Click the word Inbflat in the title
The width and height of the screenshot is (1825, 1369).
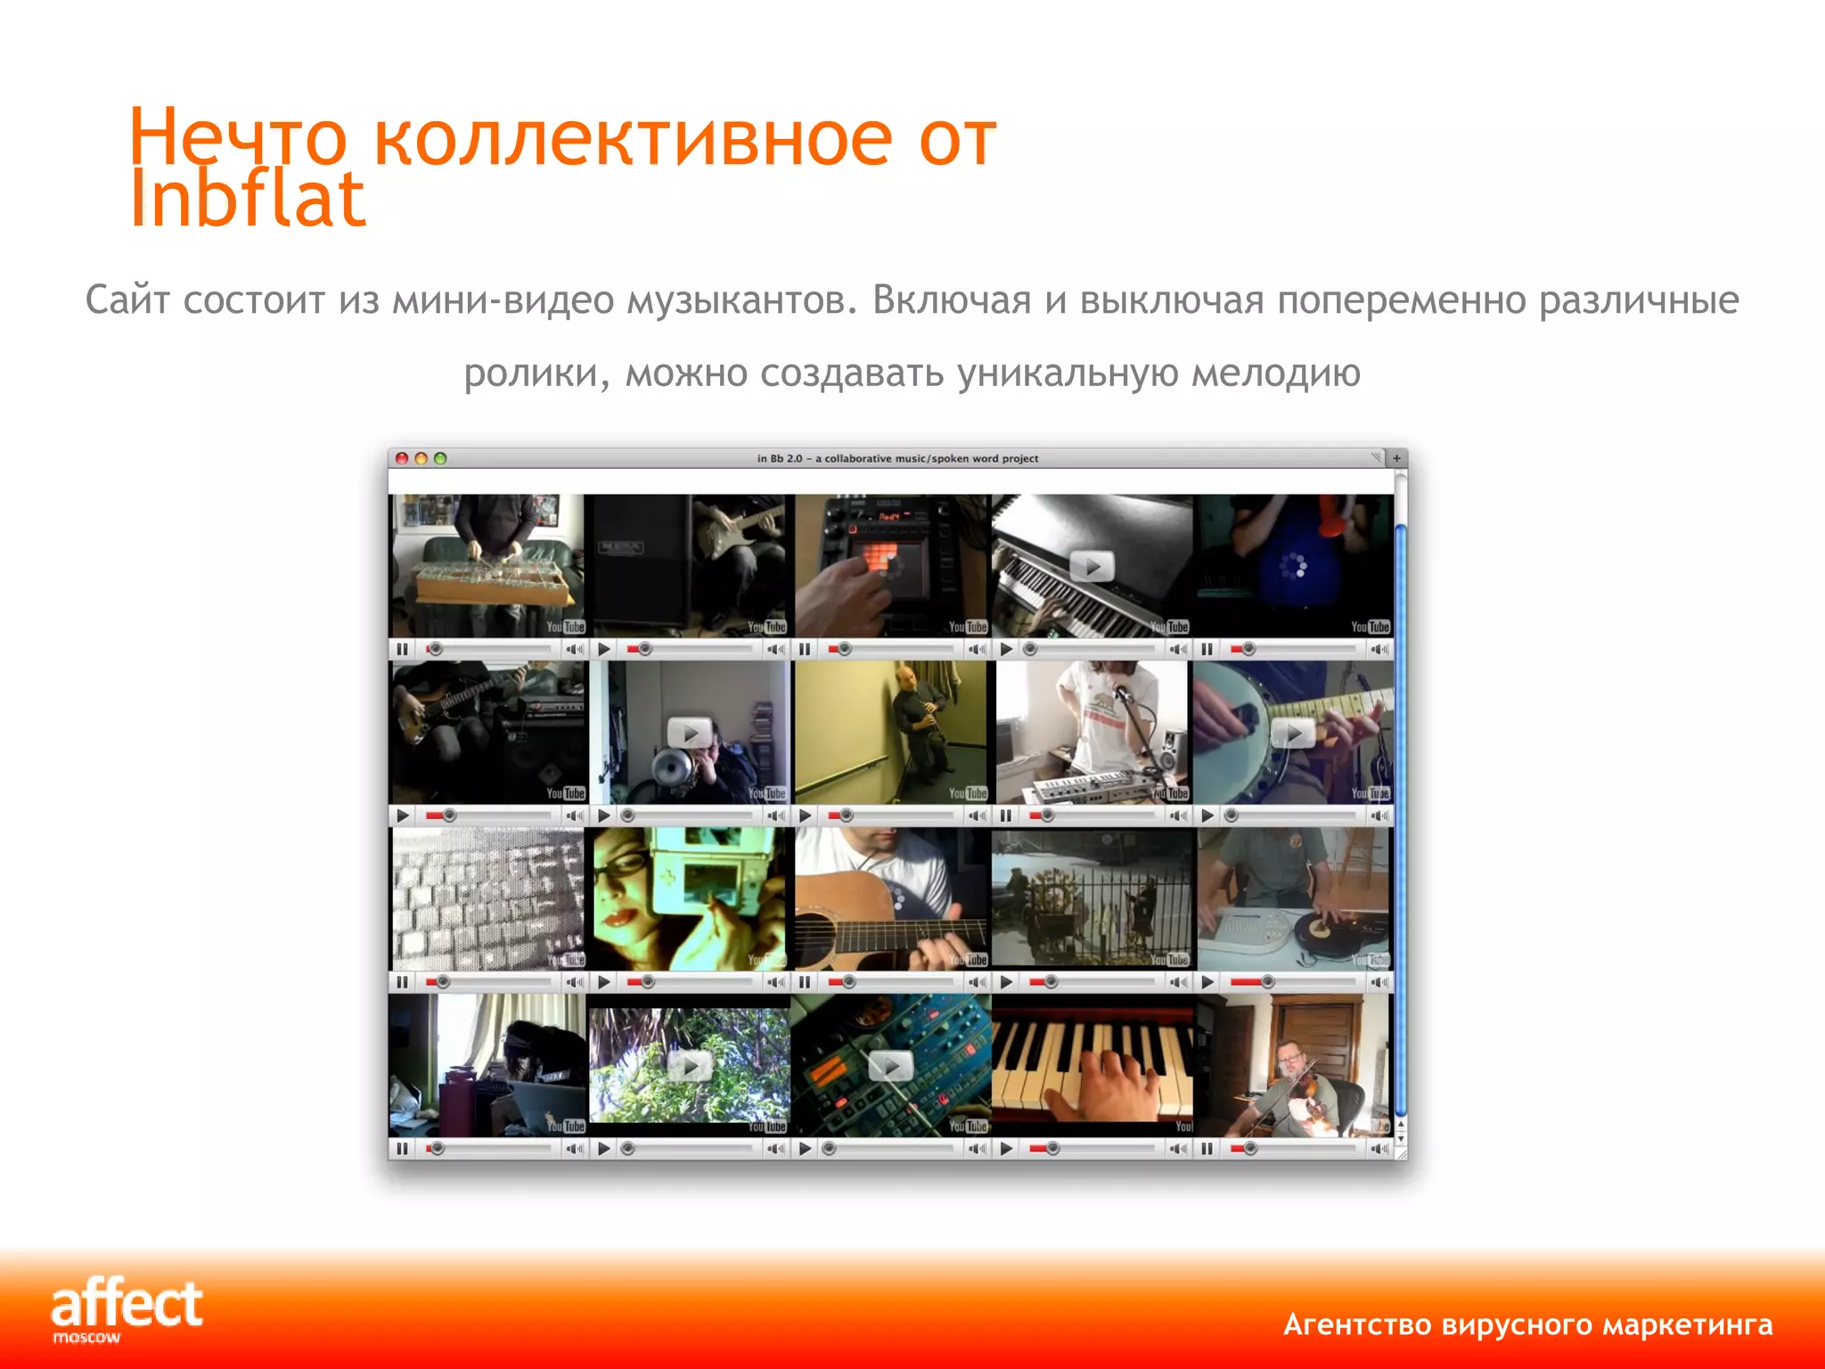pyautogui.click(x=247, y=199)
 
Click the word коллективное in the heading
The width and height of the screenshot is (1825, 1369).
pyautogui.click(x=632, y=139)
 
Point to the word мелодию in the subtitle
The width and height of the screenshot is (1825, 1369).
pyautogui.click(x=1275, y=373)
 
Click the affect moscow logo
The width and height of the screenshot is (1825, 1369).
pyautogui.click(x=126, y=1308)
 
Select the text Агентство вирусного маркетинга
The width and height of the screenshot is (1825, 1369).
pyautogui.click(x=1527, y=1324)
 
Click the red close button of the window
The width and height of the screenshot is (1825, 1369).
pyautogui.click(x=402, y=458)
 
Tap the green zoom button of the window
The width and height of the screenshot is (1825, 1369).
pyautogui.click(x=440, y=458)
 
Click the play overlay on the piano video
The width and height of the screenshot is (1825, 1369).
pyautogui.click(x=1092, y=566)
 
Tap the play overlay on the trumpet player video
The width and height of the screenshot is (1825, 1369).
pyautogui.click(x=690, y=733)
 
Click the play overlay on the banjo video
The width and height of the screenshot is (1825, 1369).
pyautogui.click(x=1293, y=733)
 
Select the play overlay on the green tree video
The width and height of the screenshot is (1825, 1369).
pyautogui.click(x=690, y=1065)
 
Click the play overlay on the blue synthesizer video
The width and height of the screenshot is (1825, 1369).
pyautogui.click(x=890, y=1065)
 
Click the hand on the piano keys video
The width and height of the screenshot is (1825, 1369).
pyautogui.click(x=1105, y=1083)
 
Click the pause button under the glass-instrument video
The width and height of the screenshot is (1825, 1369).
pyautogui.click(x=402, y=650)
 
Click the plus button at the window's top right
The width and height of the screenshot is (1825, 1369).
pyautogui.click(x=1396, y=458)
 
